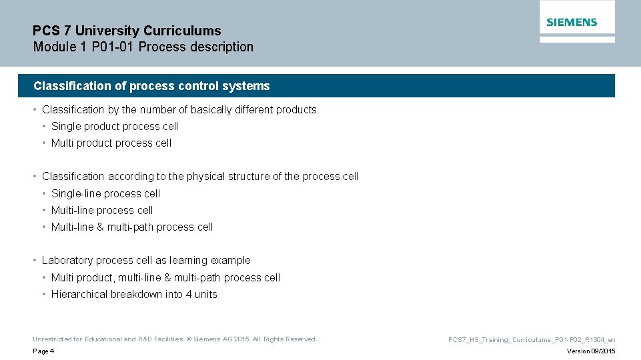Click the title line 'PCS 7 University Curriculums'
127,31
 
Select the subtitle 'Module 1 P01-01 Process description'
143,47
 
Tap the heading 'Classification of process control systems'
151,86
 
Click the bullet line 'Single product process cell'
115,126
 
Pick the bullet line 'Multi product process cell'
111,143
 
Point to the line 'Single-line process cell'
106,193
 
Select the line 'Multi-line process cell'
102,210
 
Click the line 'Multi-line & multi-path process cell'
132,227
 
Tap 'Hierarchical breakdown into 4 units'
134,295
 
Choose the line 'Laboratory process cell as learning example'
146,261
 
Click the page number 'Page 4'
43,351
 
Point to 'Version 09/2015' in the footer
591,351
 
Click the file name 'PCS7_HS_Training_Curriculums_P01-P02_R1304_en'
532,339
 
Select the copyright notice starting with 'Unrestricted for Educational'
175,339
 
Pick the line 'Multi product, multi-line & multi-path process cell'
165,277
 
